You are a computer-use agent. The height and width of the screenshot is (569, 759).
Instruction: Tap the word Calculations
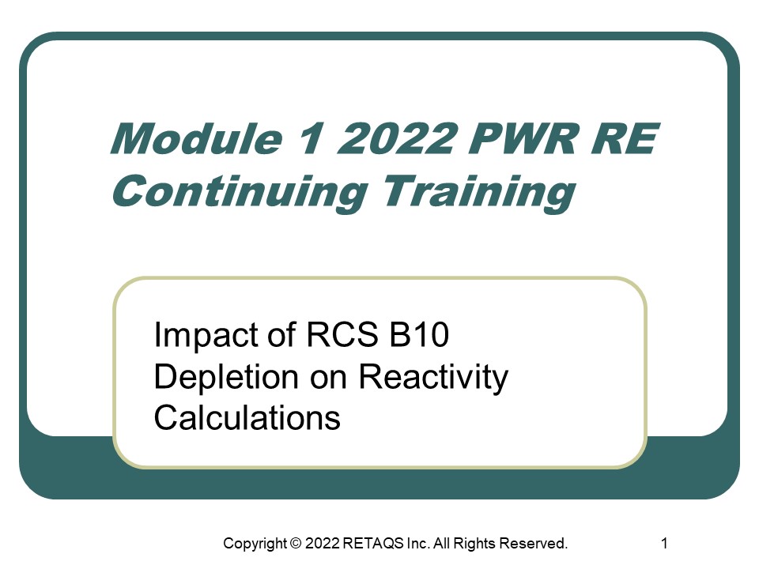click(x=247, y=417)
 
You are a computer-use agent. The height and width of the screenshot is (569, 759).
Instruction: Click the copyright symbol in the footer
click(x=296, y=544)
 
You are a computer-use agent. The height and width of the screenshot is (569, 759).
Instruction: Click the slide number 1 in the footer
click(x=664, y=544)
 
